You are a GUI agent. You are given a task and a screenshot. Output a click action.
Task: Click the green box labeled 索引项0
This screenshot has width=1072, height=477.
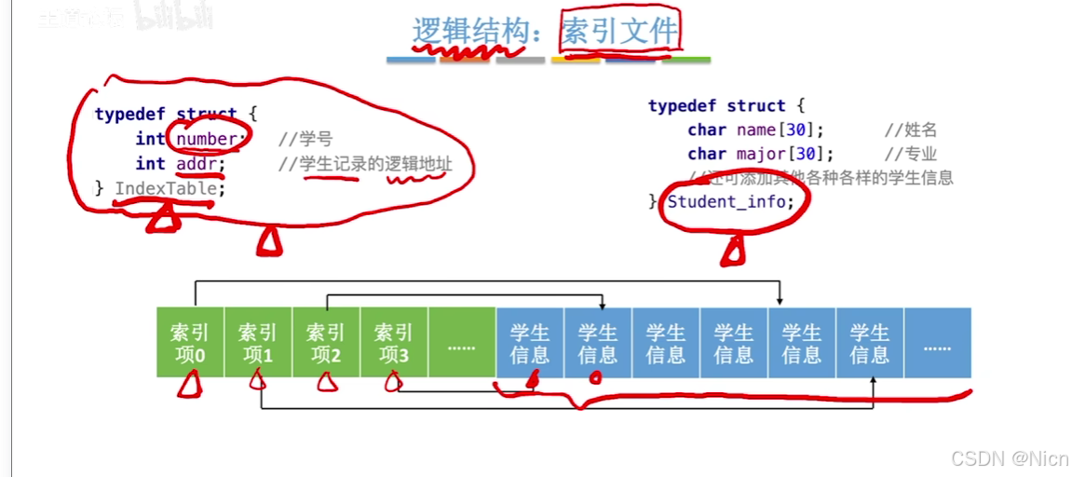[190, 343]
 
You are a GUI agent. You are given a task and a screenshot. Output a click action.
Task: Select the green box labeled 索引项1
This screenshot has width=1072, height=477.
[258, 343]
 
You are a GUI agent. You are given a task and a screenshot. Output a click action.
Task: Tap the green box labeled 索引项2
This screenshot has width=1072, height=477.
[326, 343]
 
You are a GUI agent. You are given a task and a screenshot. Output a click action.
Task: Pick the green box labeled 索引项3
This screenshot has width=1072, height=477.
[394, 343]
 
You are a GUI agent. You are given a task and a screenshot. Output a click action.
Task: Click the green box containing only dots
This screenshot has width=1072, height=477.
[462, 343]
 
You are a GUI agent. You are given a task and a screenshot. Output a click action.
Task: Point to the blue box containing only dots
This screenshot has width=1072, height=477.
[937, 343]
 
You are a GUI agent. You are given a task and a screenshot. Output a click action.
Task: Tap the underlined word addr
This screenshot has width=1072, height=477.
[201, 164]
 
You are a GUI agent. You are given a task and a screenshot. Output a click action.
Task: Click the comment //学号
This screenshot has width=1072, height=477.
[305, 140]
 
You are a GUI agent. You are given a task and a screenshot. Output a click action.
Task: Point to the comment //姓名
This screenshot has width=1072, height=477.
[911, 130]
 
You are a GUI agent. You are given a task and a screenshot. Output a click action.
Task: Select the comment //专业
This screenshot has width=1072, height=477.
[911, 154]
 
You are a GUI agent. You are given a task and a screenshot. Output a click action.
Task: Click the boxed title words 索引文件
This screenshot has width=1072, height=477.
[618, 34]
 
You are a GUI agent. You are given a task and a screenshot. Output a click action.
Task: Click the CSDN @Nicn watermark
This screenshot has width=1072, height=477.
[1010, 457]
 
